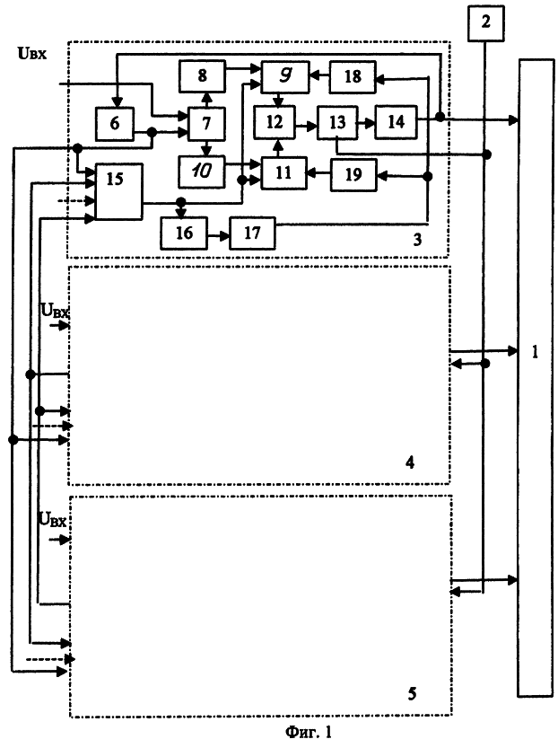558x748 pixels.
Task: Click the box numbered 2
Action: (x=485, y=23)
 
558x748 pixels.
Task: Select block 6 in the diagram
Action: (x=115, y=124)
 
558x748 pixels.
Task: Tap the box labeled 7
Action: (x=206, y=124)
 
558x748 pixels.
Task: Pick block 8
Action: (x=202, y=75)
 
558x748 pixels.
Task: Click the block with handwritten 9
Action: (x=285, y=75)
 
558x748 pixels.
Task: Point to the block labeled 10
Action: (x=202, y=172)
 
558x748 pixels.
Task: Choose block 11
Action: (x=283, y=172)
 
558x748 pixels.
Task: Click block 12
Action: (x=275, y=122)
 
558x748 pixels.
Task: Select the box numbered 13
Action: (x=337, y=123)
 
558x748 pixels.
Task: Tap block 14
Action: (x=396, y=122)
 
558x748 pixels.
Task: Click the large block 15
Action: (x=118, y=192)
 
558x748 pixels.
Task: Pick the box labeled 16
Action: (x=184, y=233)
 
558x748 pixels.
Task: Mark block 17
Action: (x=253, y=233)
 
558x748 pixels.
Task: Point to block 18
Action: (x=353, y=76)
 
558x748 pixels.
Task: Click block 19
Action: (x=353, y=175)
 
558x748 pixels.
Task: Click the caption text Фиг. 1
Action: (x=309, y=732)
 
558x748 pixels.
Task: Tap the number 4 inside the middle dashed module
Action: (x=410, y=462)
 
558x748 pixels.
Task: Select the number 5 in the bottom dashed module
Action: (x=412, y=693)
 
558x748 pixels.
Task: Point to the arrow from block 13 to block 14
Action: (x=366, y=123)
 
